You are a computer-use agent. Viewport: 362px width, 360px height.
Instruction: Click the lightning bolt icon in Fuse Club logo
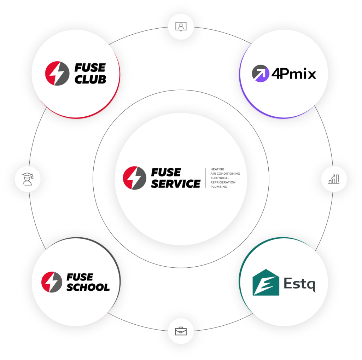(57, 74)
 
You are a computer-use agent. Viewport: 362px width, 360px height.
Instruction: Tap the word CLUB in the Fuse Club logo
(90, 80)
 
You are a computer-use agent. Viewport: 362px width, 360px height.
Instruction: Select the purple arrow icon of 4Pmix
(261, 74)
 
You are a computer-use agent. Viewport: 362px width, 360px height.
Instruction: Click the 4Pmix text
(294, 74)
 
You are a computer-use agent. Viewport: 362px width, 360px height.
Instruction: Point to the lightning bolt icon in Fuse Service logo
(135, 178)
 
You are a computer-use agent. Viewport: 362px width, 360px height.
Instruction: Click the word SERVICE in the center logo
(176, 184)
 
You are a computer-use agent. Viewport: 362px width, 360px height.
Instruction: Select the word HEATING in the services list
(217, 169)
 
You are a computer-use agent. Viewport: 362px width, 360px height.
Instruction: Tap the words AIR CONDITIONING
(225, 174)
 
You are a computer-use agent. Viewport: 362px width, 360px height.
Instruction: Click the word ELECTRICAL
(220, 178)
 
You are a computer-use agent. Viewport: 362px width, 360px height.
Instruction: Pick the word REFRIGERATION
(223, 182)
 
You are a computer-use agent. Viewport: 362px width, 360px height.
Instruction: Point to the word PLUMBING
(218, 187)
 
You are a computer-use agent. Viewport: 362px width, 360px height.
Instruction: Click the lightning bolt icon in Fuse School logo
(52, 282)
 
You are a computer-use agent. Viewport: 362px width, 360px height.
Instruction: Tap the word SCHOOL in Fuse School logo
(88, 287)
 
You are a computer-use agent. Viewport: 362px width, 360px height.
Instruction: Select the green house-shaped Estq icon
(266, 282)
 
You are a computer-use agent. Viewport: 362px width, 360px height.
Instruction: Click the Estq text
(299, 284)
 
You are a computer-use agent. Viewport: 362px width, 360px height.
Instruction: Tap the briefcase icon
(181, 331)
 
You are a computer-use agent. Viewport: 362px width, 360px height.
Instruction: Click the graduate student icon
(28, 179)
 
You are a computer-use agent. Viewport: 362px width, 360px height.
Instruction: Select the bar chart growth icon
(334, 179)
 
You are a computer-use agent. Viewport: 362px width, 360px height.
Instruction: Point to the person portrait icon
(181, 27)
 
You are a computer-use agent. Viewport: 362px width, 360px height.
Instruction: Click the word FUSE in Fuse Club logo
(90, 68)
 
